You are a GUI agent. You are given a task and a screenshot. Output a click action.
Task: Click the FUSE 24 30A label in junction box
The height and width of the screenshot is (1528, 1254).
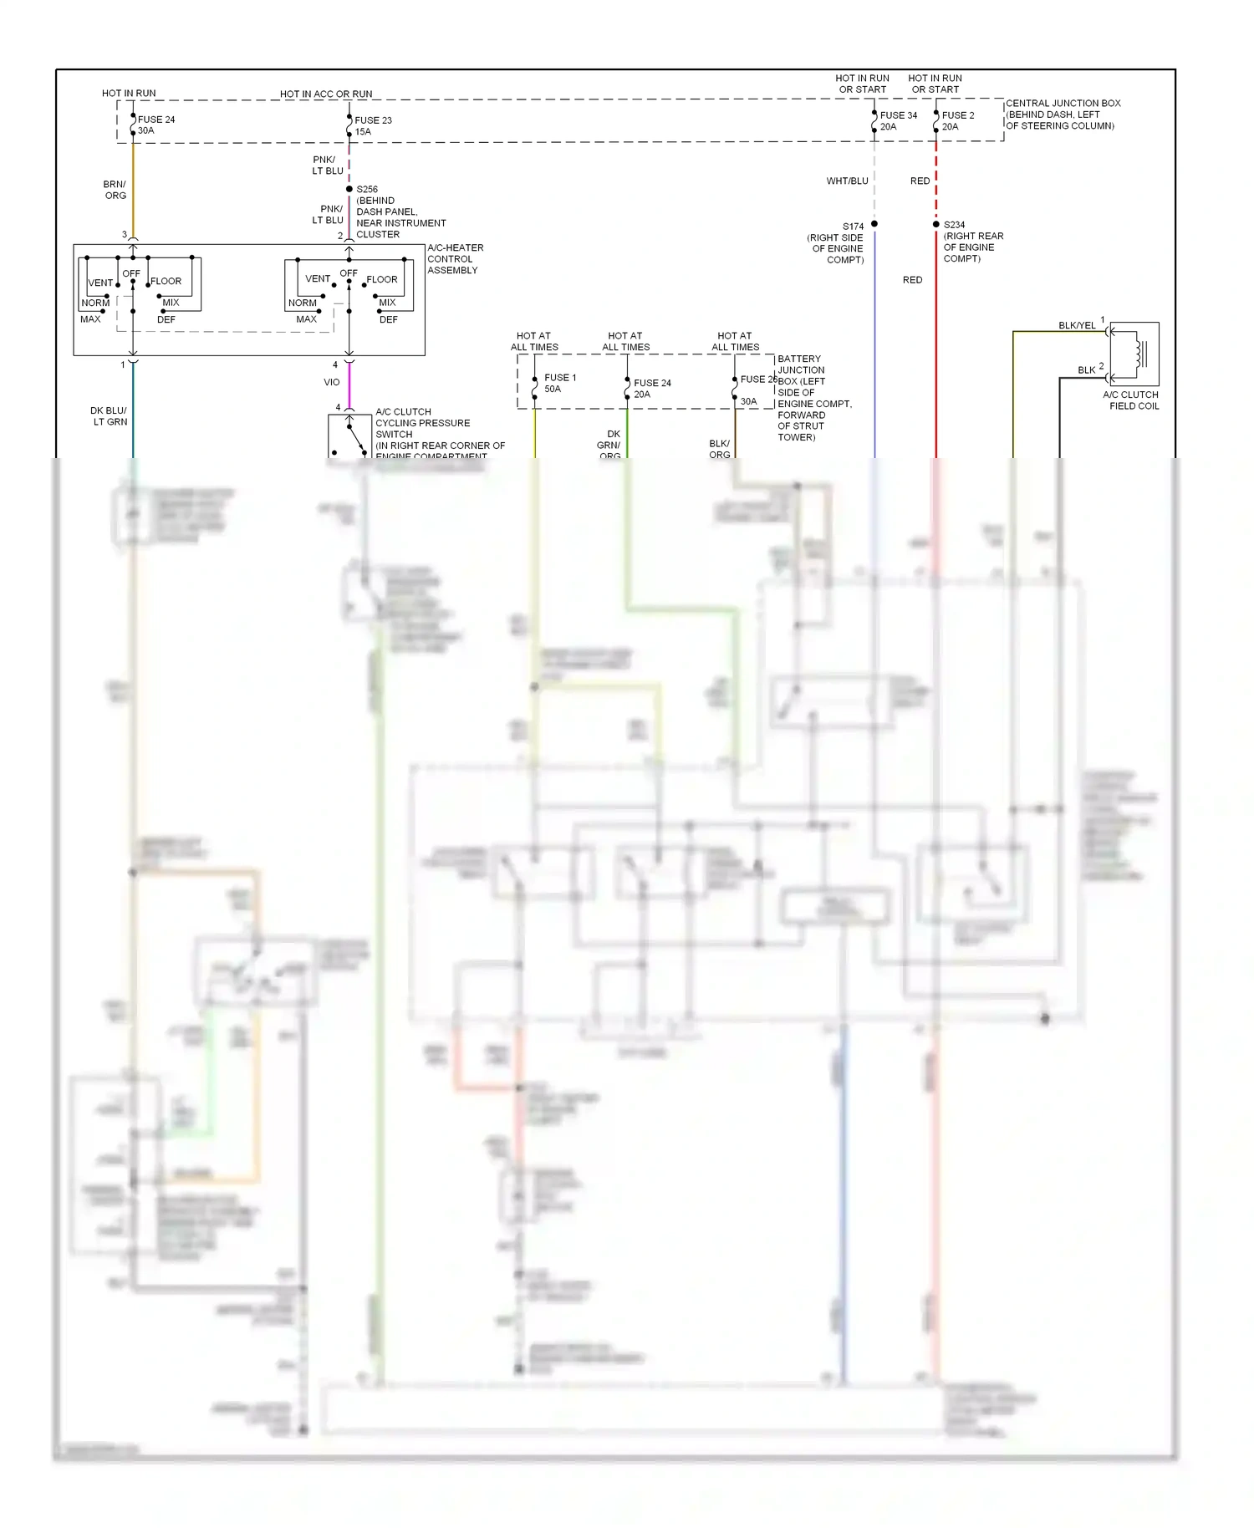(155, 125)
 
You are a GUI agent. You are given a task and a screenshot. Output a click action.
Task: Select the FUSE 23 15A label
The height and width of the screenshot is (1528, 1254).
(372, 125)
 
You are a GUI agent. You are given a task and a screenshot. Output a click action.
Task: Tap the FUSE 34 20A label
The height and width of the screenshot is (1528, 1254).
(898, 120)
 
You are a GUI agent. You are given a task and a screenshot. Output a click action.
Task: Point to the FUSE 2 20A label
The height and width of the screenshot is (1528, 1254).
(957, 120)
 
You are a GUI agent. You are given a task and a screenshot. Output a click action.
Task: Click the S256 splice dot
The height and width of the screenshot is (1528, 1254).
(349, 189)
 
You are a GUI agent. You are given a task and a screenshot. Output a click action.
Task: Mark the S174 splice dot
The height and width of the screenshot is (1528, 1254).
(874, 224)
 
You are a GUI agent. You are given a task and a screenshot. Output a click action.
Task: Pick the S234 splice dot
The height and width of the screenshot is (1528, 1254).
(935, 224)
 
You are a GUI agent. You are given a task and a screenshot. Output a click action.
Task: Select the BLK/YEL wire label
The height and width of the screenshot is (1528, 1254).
(1076, 325)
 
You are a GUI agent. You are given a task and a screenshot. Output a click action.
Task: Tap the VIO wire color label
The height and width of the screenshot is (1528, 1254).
(332, 382)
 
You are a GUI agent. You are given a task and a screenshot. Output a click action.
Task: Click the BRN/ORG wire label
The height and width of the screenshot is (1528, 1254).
(115, 190)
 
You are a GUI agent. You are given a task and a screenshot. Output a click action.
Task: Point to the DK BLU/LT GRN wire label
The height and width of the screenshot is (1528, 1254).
(110, 415)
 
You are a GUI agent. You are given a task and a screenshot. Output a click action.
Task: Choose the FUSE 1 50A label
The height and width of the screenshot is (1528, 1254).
(559, 383)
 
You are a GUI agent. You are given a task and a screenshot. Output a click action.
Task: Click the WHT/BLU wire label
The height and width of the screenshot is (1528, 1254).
(847, 181)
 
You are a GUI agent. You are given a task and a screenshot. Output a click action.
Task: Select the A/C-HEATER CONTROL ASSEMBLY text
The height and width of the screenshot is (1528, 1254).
(455, 259)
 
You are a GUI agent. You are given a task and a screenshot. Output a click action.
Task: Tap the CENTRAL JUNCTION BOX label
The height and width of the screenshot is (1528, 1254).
(1062, 115)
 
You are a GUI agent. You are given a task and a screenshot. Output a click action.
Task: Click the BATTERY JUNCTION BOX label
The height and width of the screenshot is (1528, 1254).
(813, 397)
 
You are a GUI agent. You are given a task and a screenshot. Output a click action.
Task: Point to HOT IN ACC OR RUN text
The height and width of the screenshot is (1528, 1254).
(326, 94)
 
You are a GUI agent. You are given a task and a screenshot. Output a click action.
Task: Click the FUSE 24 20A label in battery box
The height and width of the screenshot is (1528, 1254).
(651, 388)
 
